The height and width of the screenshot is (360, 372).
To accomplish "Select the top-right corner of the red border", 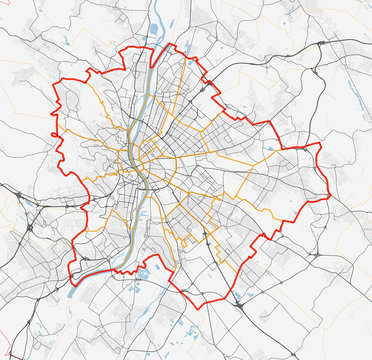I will pos(318,144).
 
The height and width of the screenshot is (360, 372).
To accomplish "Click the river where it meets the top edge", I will pos(160,3).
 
